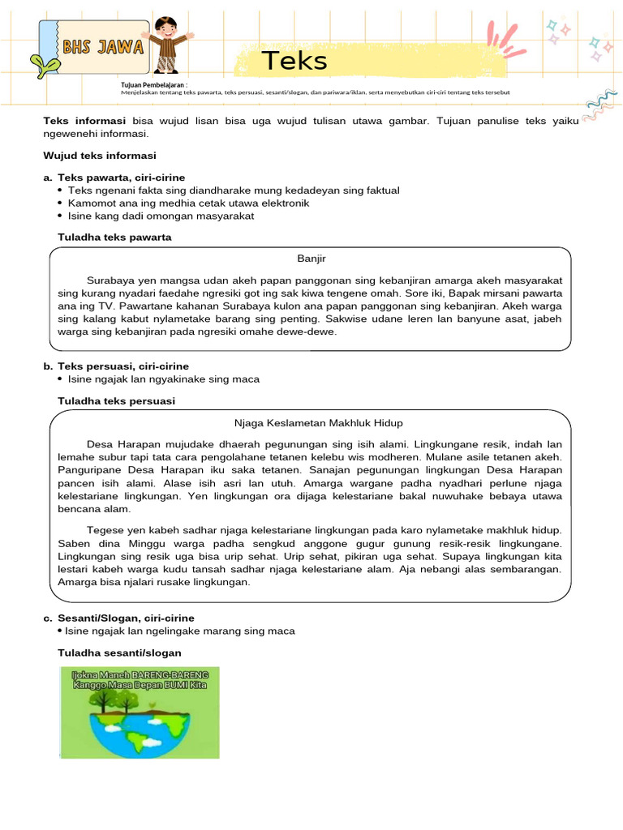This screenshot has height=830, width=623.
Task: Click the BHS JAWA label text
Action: click(x=103, y=47)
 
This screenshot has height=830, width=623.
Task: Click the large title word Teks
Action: click(x=294, y=62)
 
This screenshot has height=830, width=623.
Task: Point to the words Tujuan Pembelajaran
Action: click(x=154, y=84)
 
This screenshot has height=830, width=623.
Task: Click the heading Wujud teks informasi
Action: click(x=99, y=155)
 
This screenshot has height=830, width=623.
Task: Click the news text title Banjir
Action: click(x=311, y=259)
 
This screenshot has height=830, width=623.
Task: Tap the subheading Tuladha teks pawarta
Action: click(x=114, y=237)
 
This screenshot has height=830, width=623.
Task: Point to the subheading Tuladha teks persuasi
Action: click(x=116, y=401)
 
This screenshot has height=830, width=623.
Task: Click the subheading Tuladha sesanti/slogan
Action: click(x=119, y=652)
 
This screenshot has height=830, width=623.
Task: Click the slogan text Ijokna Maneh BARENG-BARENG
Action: click(x=140, y=674)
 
